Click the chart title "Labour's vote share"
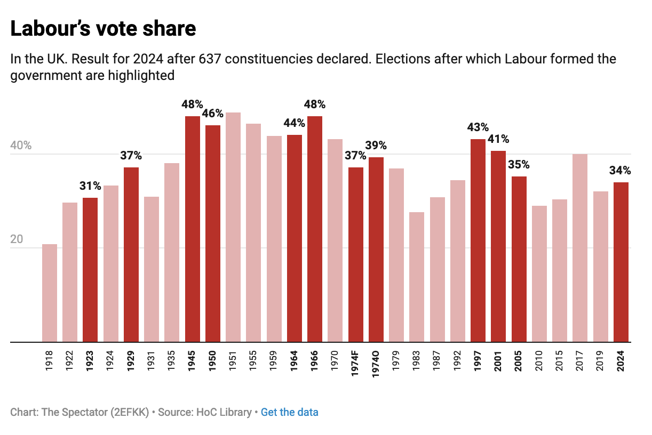tap(103, 29)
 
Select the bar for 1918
tap(50, 293)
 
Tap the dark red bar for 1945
tap(193, 229)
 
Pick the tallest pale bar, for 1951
tap(233, 227)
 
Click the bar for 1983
tap(417, 277)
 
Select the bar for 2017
tap(580, 248)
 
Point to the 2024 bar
tap(621, 262)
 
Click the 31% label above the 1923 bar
tap(90, 186)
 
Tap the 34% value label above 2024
tap(620, 171)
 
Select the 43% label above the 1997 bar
tap(478, 127)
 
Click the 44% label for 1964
tap(294, 123)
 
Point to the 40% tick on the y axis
tap(21, 146)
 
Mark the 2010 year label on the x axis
tap(539, 361)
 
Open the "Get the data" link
tap(290, 412)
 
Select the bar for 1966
tap(315, 229)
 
